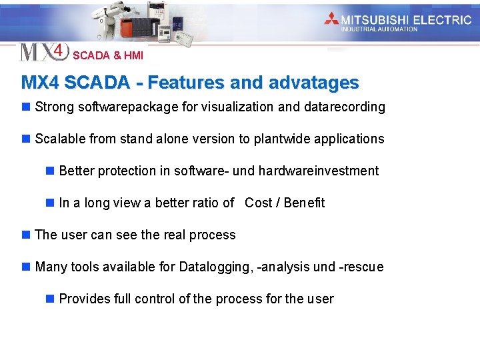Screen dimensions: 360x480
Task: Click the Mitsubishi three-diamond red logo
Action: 331,19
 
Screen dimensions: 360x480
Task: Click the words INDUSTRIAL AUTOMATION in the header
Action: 379,29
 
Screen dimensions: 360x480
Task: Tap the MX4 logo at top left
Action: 43,52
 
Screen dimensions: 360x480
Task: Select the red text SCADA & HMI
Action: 108,56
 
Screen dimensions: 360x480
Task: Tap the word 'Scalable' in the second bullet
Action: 58,139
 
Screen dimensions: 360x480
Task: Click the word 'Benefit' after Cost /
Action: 304,203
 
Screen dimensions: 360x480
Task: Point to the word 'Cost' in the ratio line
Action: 259,203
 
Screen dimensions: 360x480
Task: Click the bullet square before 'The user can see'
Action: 26,235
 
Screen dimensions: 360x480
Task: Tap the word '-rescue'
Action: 361,267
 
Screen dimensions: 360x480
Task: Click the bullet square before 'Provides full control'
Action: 50,299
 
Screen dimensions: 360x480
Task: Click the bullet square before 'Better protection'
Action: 50,171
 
